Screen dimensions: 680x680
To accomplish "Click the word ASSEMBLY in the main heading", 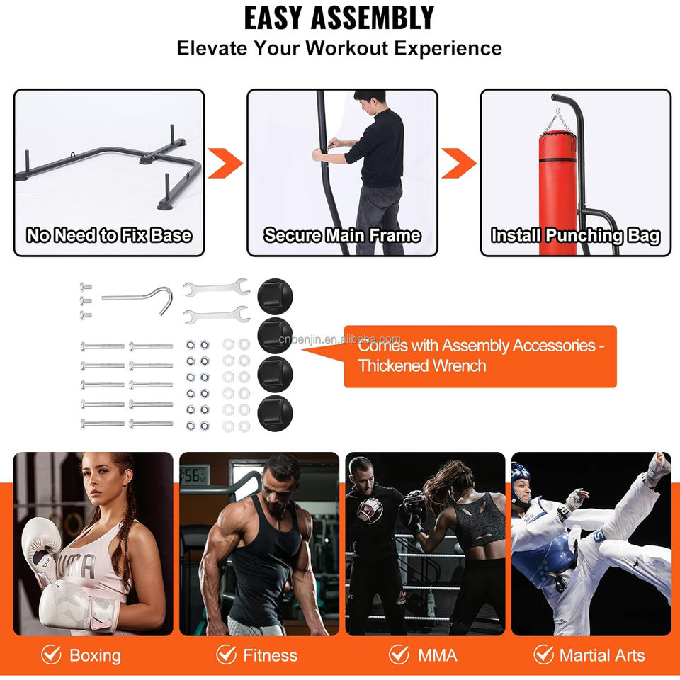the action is (373, 18).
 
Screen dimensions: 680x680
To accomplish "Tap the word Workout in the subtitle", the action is (346, 47).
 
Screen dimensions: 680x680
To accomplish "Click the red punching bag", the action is (557, 193).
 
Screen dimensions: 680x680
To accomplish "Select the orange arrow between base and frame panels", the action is (225, 163).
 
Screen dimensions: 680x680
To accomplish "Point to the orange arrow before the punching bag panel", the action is (458, 163).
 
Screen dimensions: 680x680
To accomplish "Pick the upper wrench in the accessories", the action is (217, 288).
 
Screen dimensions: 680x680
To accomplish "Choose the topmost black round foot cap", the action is (275, 296).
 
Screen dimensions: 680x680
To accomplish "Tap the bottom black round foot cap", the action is (275, 413).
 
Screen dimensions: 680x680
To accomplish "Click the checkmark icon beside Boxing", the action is (51, 654).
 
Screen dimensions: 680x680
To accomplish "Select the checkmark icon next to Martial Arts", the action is (543, 654).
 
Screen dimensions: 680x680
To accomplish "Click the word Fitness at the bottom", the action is (270, 655).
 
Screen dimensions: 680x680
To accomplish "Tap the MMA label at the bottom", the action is (437, 655).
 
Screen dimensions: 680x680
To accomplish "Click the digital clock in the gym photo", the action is (195, 475).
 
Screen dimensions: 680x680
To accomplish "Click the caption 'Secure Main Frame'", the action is (342, 235).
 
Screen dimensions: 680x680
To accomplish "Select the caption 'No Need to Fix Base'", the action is (109, 235).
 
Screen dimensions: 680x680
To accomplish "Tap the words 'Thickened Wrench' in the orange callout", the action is (422, 365).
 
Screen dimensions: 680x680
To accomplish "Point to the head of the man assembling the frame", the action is (369, 100).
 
